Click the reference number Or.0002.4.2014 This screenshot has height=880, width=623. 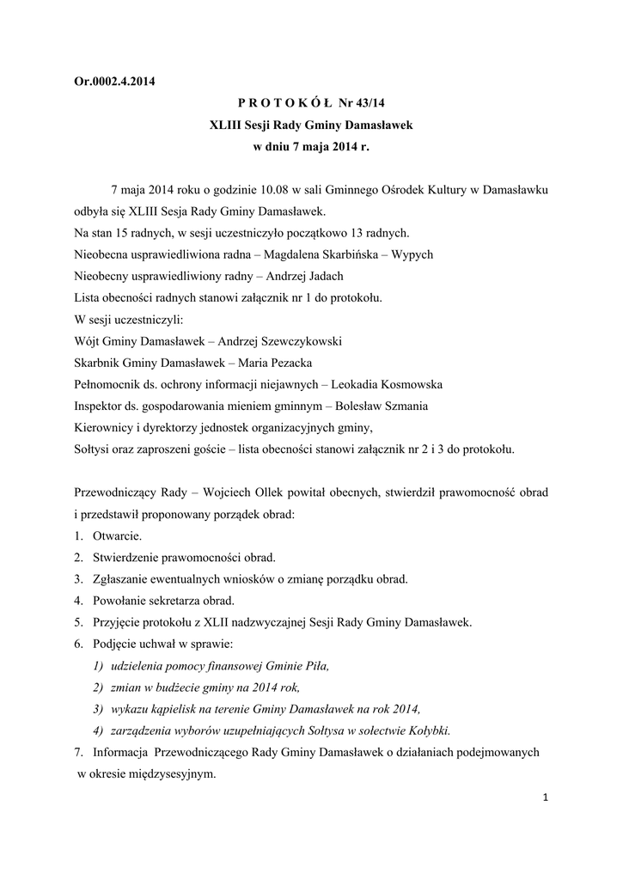(115, 83)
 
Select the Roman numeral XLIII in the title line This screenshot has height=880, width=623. (226, 125)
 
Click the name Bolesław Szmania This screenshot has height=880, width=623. (382, 406)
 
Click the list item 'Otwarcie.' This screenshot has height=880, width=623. (118, 535)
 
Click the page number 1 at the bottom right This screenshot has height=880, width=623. (546, 798)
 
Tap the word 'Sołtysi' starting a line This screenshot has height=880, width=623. (93, 449)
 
